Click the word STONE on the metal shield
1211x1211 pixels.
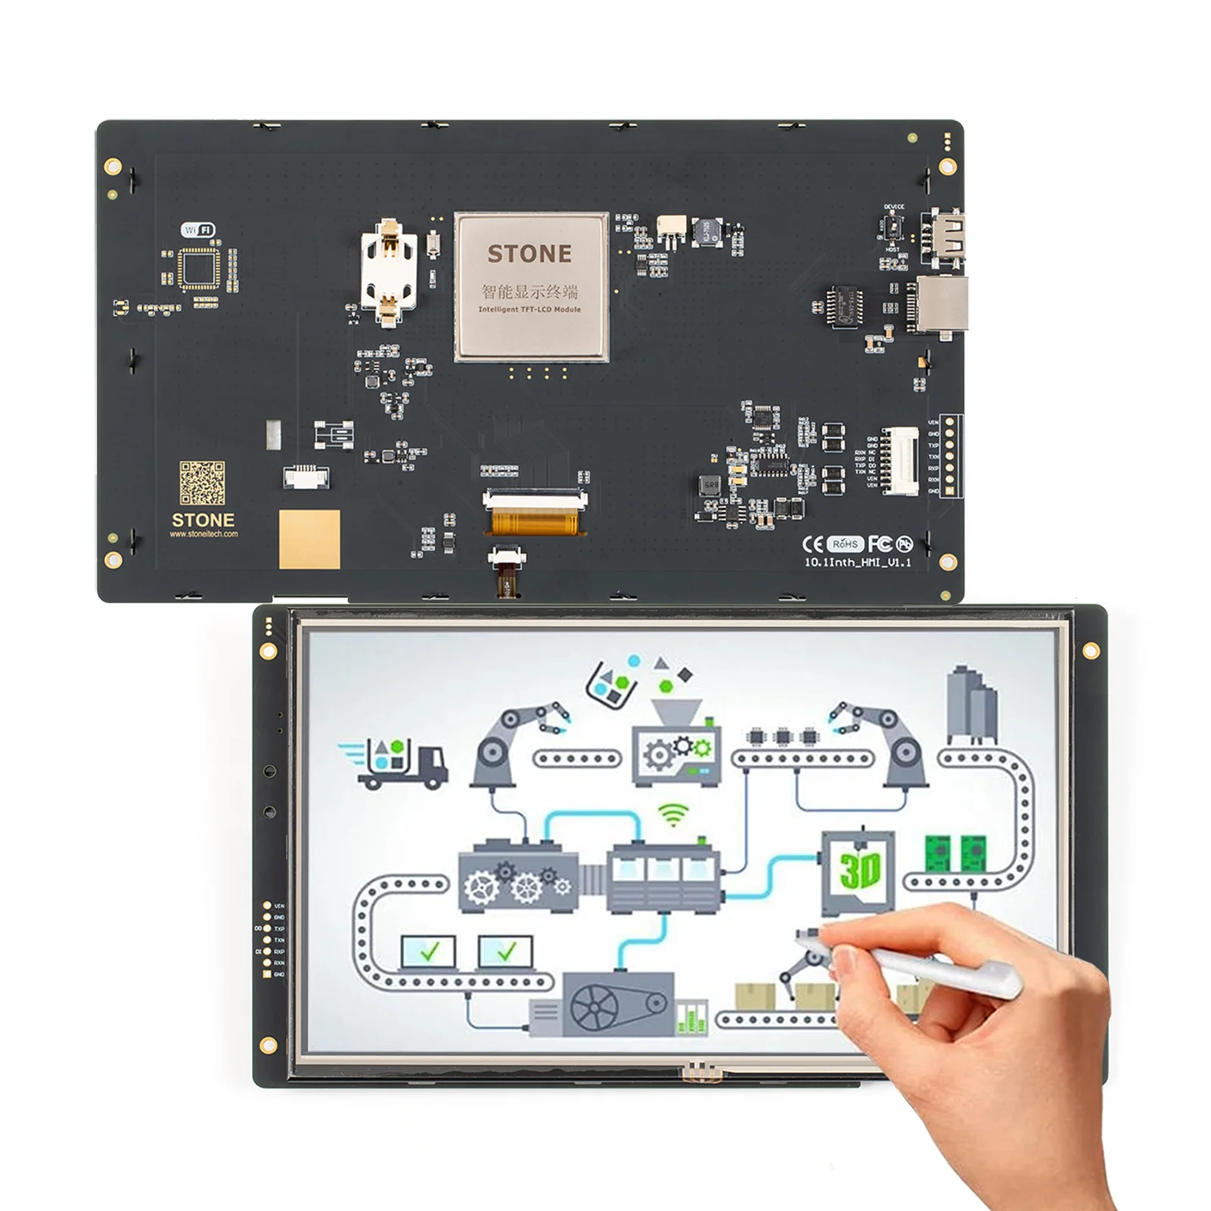[529, 254]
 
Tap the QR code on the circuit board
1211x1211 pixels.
[202, 483]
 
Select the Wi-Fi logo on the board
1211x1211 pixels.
[198, 229]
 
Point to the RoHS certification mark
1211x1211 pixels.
[845, 544]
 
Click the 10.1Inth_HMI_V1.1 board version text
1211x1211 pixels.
[858, 562]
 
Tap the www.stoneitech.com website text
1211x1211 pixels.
[203, 534]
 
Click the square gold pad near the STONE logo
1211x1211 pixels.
[309, 539]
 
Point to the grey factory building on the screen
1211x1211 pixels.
[971, 704]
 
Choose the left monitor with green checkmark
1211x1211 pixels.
[429, 952]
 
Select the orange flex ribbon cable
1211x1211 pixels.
[536, 523]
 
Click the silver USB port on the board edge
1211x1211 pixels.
[942, 304]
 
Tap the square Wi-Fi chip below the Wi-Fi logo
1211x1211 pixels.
[200, 269]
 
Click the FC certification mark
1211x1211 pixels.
[880, 544]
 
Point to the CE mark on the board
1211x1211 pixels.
[812, 545]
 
